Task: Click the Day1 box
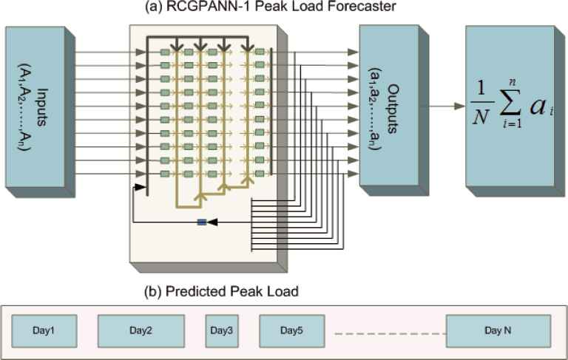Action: (x=44, y=330)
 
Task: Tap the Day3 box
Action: (x=221, y=330)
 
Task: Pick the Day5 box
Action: (x=291, y=330)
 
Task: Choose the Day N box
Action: (x=497, y=330)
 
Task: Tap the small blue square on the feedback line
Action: (x=201, y=221)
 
